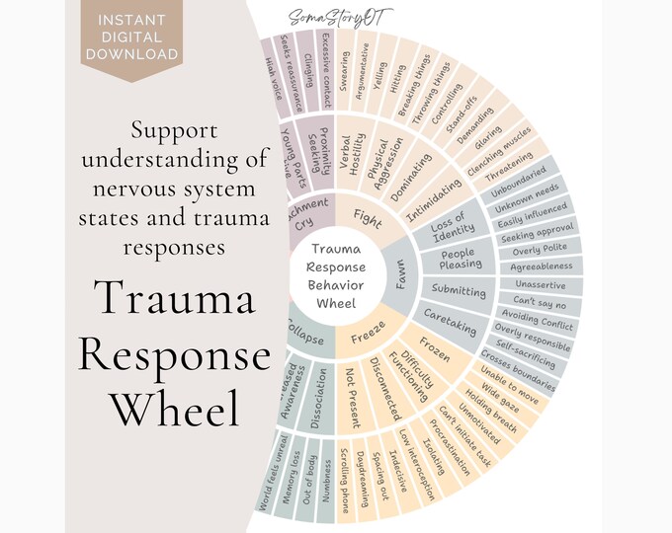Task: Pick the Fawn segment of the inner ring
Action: [x=401, y=282]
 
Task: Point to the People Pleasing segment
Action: [x=460, y=258]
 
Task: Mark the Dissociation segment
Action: [x=310, y=392]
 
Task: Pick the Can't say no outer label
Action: [x=539, y=300]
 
